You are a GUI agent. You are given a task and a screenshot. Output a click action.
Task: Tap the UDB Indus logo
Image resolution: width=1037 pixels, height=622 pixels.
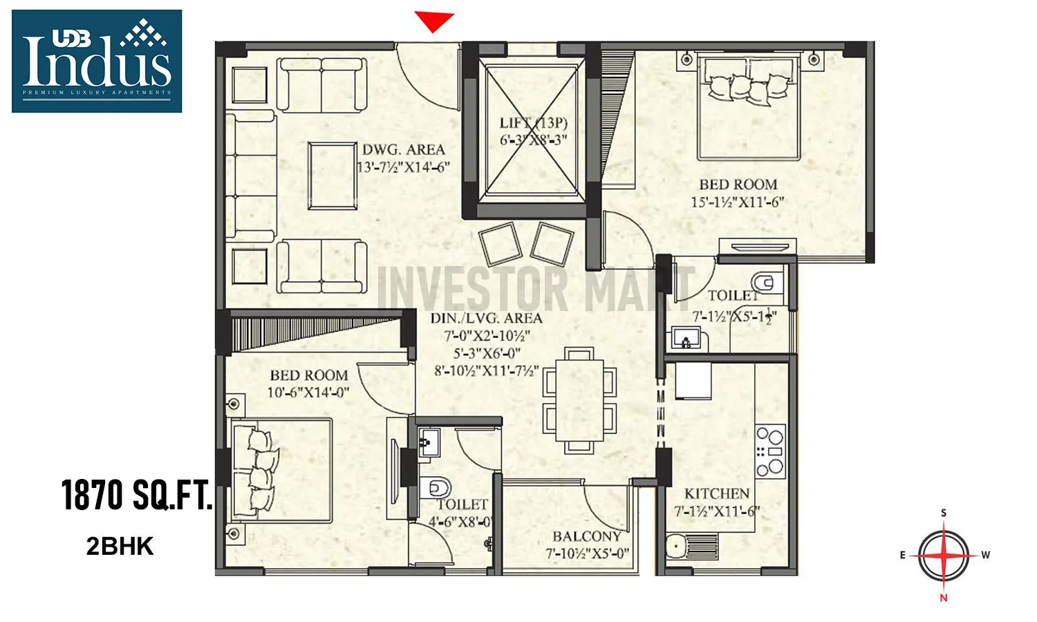click(97, 61)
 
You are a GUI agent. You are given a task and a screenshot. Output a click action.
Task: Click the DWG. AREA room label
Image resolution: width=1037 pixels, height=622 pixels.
click(404, 150)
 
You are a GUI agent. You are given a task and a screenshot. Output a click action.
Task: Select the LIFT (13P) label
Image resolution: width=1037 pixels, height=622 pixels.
click(533, 123)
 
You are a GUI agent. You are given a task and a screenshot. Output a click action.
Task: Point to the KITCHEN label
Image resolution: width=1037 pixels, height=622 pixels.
click(717, 493)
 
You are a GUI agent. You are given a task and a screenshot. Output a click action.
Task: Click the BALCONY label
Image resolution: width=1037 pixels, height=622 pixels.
click(586, 536)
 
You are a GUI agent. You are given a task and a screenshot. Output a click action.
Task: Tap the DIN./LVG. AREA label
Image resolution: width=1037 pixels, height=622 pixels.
click(486, 318)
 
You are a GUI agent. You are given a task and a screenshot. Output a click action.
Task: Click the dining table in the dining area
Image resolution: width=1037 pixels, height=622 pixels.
click(579, 400)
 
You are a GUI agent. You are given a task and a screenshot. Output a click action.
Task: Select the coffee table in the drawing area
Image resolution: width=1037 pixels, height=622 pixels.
click(333, 175)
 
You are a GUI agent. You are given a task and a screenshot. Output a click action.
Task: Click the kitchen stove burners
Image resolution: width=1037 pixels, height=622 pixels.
click(770, 451)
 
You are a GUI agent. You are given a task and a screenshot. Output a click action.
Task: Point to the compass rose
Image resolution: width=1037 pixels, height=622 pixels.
click(944, 555)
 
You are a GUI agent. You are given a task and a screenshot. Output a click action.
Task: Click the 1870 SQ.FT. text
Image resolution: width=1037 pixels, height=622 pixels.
click(136, 495)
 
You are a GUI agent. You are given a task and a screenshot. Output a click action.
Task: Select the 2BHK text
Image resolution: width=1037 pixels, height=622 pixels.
click(120, 547)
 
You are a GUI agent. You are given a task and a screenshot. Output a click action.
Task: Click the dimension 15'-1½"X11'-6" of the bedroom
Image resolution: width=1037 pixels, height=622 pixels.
click(738, 202)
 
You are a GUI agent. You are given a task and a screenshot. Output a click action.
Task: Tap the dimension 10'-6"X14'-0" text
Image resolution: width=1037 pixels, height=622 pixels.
click(308, 393)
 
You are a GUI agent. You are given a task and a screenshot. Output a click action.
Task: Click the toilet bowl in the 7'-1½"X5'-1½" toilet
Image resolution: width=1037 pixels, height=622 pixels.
click(765, 283)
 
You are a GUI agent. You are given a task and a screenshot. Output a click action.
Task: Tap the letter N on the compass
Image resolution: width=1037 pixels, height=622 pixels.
click(944, 598)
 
